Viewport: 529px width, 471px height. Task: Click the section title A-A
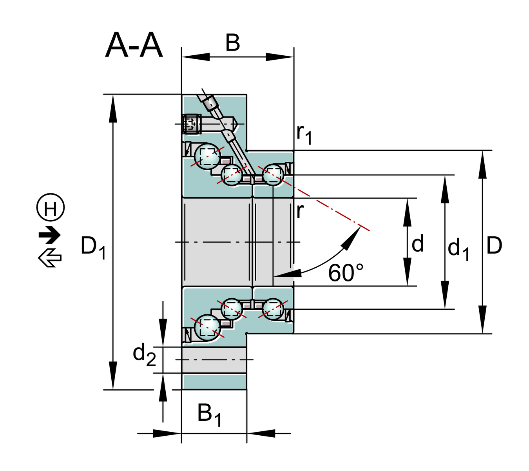[x=134, y=46]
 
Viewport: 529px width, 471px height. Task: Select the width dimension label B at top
[x=232, y=43]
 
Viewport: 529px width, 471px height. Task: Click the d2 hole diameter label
[x=144, y=354]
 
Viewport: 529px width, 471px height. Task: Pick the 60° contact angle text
[x=346, y=273]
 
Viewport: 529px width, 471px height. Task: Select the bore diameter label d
[x=418, y=244]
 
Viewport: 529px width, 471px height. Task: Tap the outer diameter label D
[x=494, y=246]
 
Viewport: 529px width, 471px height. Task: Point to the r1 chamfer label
[x=304, y=133]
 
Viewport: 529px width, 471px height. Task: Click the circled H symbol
[x=51, y=208]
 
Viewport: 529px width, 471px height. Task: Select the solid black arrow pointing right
[x=50, y=235]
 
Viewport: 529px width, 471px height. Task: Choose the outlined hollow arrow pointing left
[x=50, y=258]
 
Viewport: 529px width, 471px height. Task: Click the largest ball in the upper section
[x=208, y=156]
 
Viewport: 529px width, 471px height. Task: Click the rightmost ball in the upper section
[x=273, y=174]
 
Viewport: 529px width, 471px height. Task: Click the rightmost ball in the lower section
[x=273, y=309]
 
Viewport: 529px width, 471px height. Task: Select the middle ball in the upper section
[x=232, y=174]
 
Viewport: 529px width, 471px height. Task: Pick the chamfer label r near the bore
[x=300, y=211]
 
